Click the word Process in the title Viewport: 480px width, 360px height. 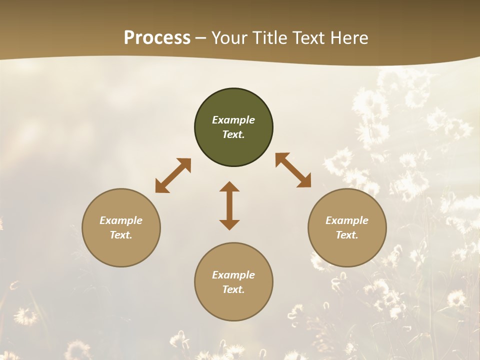(x=157, y=38)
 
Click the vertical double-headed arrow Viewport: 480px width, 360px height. (x=229, y=205)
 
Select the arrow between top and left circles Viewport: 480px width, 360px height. (x=173, y=175)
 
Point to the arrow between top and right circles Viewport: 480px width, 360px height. (x=293, y=170)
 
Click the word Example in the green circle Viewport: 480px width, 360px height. (x=233, y=120)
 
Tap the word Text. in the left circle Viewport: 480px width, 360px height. (x=121, y=235)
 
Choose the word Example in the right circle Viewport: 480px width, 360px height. (x=347, y=220)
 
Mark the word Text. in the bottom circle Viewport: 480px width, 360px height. (x=233, y=289)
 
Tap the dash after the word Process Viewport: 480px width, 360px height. (x=200, y=38)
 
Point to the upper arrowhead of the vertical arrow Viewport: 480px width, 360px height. (x=229, y=187)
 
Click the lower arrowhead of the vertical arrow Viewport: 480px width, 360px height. (x=229, y=224)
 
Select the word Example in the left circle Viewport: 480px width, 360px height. (x=121, y=220)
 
